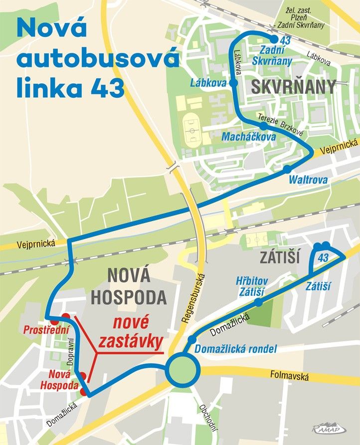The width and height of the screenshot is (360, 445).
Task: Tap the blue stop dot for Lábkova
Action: [233, 83]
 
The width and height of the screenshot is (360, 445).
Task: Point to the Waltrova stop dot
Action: [287, 169]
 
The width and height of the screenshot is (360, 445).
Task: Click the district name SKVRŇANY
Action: [294, 87]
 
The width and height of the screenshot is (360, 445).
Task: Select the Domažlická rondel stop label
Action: [235, 349]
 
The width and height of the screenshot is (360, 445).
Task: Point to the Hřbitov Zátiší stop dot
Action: [258, 302]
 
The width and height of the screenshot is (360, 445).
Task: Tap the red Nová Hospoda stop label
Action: [63, 380]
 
